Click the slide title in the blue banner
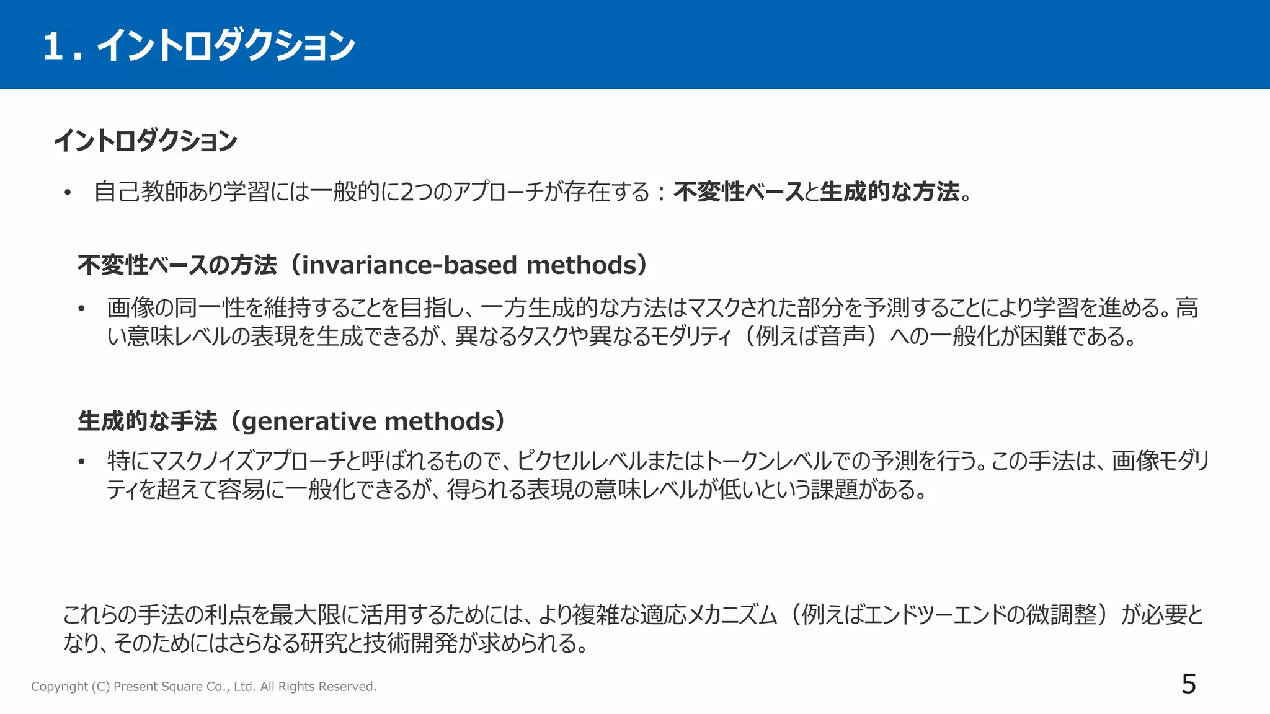198,46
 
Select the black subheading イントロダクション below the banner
146,141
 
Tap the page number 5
1188,684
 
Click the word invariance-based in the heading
409,265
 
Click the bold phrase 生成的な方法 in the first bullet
889,192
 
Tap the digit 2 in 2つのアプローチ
407,192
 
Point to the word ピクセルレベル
580,461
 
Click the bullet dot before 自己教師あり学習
68,193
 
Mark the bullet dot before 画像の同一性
81,309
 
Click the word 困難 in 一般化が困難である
1044,337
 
